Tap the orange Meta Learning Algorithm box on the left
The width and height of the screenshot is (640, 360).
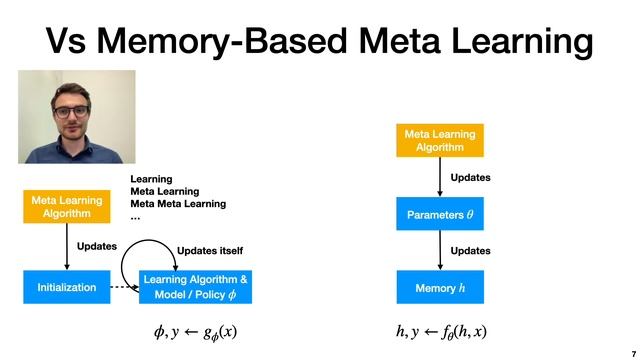(66, 206)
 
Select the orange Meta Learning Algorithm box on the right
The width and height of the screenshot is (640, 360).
(440, 141)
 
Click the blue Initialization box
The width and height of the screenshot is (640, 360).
(66, 287)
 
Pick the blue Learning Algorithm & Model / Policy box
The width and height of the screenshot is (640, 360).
(195, 287)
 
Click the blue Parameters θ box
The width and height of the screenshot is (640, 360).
(440, 215)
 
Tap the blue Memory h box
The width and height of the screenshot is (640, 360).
(440, 288)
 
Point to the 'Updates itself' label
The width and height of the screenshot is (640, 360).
(210, 250)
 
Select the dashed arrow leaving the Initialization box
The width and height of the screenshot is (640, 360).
(123, 287)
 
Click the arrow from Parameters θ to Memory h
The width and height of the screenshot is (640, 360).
(440, 251)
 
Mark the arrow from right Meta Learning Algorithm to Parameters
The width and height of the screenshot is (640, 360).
(440, 177)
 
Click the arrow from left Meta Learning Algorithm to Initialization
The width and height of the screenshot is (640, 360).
(66, 246)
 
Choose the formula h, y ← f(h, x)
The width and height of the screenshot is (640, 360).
(441, 331)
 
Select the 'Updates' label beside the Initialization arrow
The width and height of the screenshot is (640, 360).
(97, 246)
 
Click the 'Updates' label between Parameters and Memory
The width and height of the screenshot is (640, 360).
(471, 251)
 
